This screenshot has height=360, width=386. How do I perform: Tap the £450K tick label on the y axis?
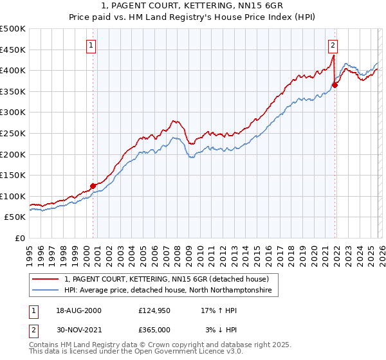13,50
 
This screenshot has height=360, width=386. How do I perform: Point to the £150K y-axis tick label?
13,175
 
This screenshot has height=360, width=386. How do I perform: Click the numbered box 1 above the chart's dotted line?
92,46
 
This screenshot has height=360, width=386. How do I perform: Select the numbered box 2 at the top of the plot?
333,46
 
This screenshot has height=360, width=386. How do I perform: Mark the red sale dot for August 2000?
93,186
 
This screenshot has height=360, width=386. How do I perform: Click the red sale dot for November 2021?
335,85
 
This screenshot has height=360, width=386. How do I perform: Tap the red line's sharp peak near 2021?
333,55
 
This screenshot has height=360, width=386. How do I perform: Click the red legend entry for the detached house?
170,279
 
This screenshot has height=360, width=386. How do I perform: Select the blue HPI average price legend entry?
168,291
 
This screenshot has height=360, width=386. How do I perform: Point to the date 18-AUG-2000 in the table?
78,310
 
